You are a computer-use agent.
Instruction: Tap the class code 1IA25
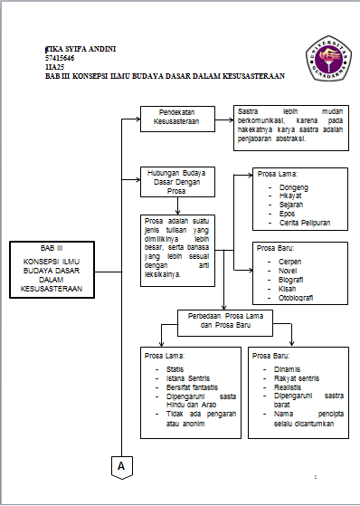(x=54, y=67)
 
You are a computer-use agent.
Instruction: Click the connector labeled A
(x=120, y=464)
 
